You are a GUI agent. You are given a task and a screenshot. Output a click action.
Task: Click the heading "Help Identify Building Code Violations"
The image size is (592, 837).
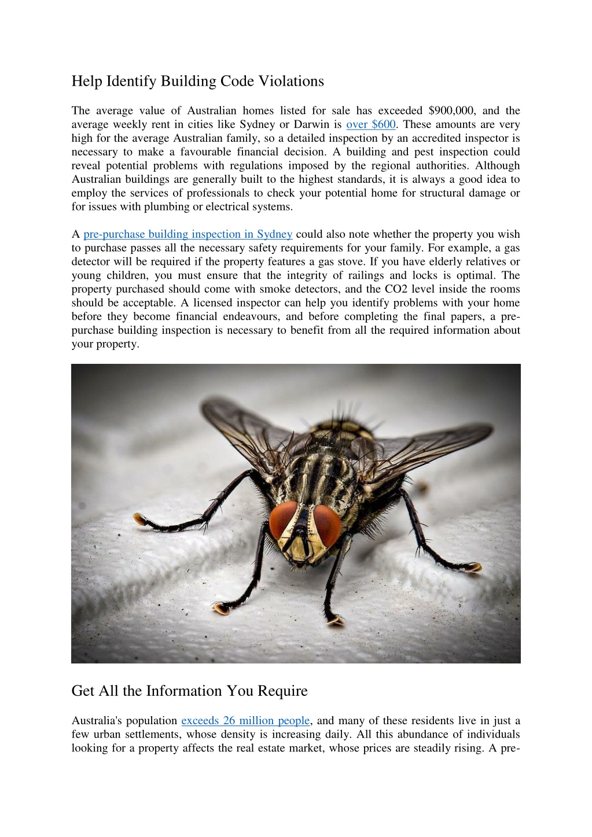click(x=197, y=81)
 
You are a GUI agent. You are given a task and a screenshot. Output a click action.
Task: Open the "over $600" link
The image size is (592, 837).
click(x=370, y=124)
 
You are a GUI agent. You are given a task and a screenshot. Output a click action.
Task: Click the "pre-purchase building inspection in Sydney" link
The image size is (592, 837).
click(x=187, y=234)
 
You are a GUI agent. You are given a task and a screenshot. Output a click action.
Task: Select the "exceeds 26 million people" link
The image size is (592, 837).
click(x=245, y=721)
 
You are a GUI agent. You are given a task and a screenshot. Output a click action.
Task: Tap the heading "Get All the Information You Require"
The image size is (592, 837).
click(x=189, y=691)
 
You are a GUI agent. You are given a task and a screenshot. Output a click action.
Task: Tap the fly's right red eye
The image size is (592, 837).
click(x=328, y=525)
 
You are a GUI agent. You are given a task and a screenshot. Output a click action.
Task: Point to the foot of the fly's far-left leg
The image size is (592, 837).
click(x=139, y=519)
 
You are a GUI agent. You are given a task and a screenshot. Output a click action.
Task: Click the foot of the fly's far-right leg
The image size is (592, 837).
click(x=475, y=567)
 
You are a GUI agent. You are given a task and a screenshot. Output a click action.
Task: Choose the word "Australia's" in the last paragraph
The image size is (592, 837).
click(x=95, y=721)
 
